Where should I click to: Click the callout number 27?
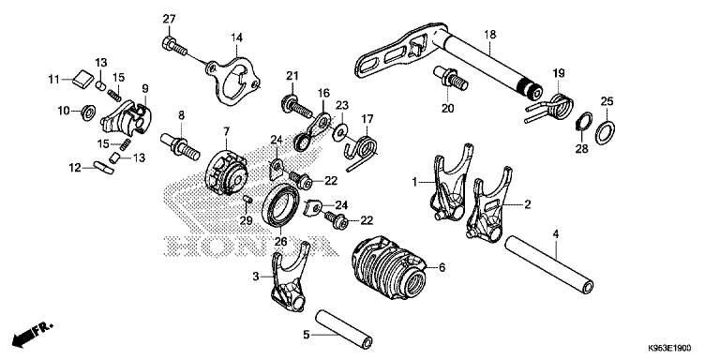click(169, 19)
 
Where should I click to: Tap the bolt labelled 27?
click(174, 46)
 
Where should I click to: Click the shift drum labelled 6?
click(389, 268)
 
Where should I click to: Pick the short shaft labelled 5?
click(343, 330)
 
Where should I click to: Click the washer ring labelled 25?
click(606, 133)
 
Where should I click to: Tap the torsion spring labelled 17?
click(362, 150)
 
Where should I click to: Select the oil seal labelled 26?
click(280, 204)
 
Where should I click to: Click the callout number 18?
click(490, 35)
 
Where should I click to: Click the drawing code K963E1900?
click(669, 349)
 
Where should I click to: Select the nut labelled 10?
click(87, 112)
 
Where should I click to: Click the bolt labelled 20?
click(450, 78)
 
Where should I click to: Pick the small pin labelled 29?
click(247, 199)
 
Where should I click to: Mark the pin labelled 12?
click(102, 167)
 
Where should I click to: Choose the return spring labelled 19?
click(549, 109)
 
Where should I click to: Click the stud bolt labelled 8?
click(180, 146)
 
